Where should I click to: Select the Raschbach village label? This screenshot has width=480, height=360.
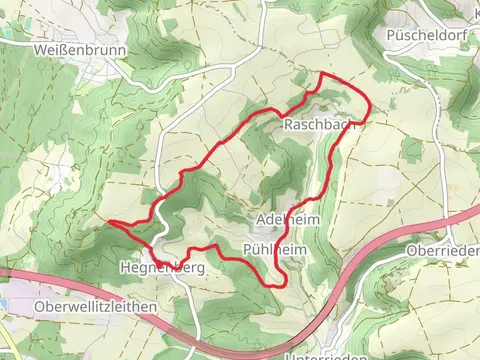[x=319, y=125]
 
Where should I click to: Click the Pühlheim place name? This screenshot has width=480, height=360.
[x=274, y=246]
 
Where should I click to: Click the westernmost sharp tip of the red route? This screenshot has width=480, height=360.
[x=108, y=222]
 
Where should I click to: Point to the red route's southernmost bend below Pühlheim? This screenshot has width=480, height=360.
[x=276, y=286]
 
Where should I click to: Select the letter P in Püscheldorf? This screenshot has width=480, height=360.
[x=391, y=34]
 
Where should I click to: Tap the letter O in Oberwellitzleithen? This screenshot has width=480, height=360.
[x=39, y=305]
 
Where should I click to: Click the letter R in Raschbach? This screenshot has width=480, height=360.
[x=289, y=125]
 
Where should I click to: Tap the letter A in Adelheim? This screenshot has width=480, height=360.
[x=262, y=219]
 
